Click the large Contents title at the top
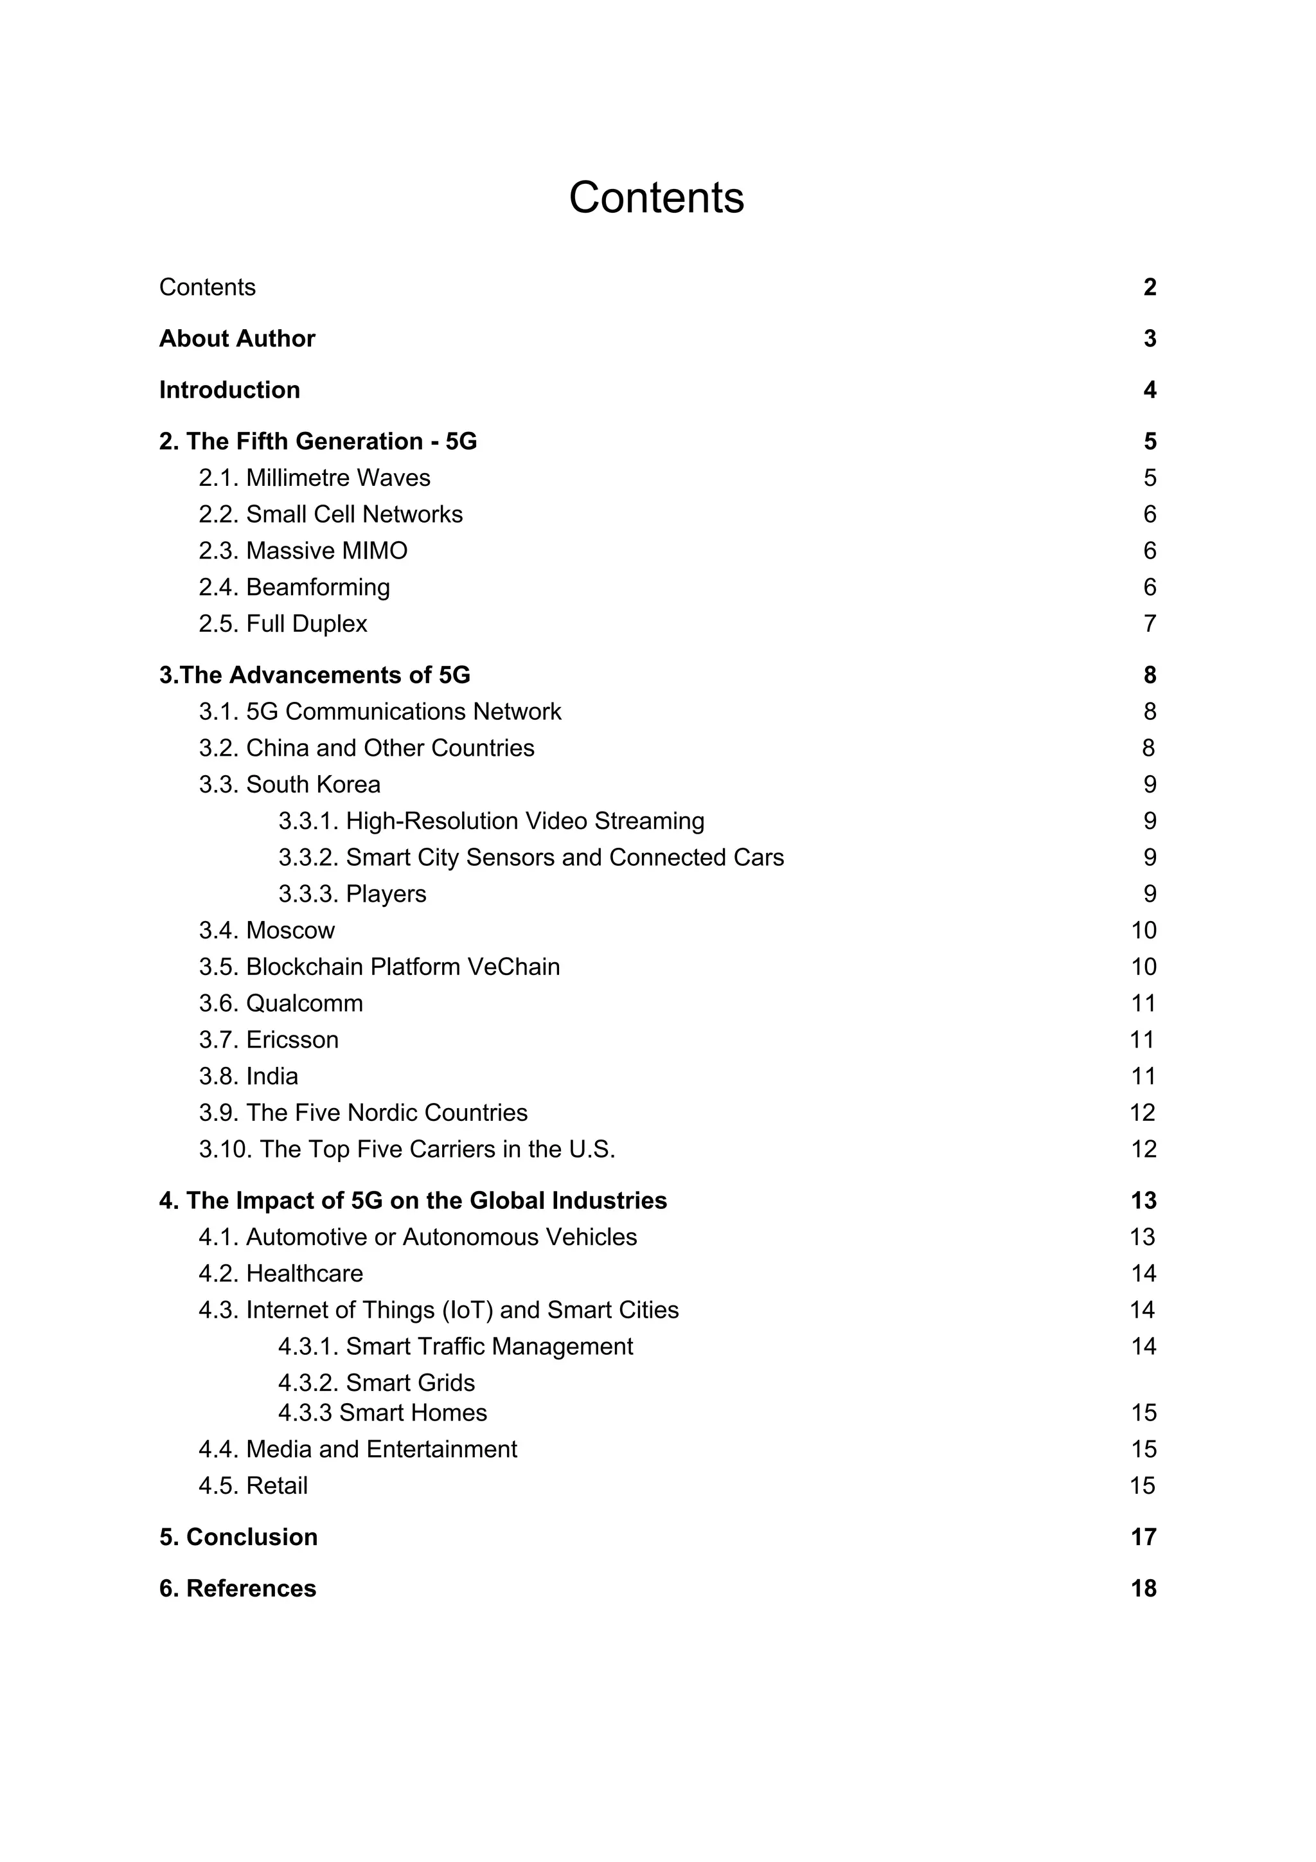click(x=656, y=197)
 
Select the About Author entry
click(x=236, y=338)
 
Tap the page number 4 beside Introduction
click(x=1149, y=390)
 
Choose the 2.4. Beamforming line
click(x=294, y=587)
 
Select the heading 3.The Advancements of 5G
click(x=315, y=675)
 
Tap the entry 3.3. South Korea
click(x=289, y=784)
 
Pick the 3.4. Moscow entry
click(x=267, y=930)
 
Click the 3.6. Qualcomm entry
click(x=281, y=1003)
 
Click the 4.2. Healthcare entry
click(x=281, y=1273)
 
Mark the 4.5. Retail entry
click(x=253, y=1486)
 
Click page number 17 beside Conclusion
click(x=1143, y=1537)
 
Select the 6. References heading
click(x=238, y=1588)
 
